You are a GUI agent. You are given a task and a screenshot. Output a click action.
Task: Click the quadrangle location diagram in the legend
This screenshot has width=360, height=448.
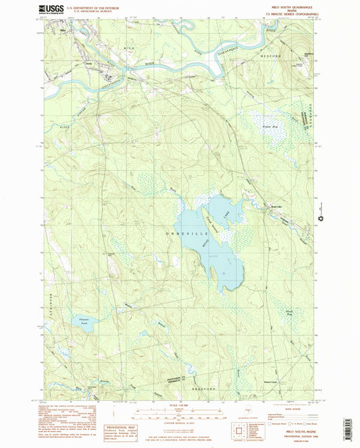pos(241,429)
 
